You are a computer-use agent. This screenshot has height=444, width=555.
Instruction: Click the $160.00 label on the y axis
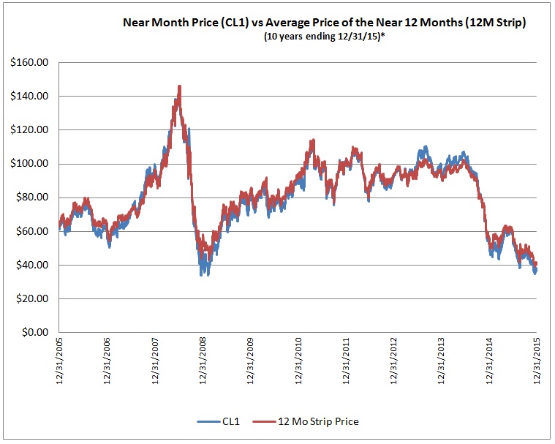29,63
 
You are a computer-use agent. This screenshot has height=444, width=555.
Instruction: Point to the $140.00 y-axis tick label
29,97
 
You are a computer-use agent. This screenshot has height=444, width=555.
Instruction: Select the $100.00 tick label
29,164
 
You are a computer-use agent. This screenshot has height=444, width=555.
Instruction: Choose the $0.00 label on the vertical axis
33,332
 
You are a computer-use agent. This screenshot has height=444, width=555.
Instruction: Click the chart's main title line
325,23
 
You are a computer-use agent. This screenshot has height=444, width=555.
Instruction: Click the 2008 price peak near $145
179,87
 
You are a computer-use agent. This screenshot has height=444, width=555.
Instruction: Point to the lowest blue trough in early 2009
202,274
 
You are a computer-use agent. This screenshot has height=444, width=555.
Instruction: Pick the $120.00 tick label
29,130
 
